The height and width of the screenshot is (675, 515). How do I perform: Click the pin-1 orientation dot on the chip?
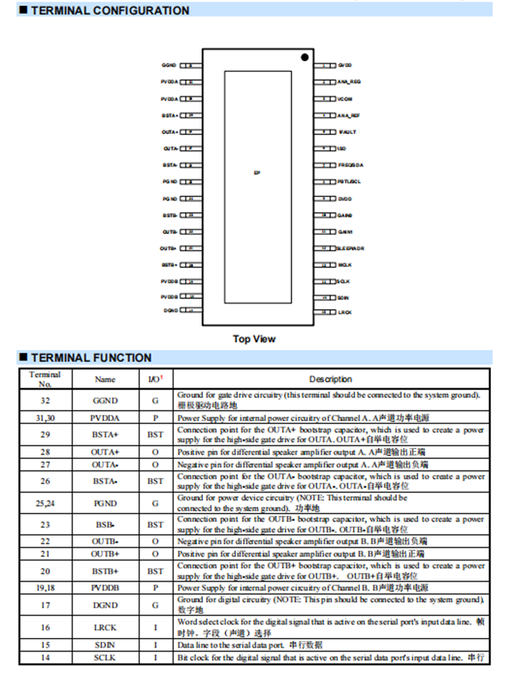(x=304, y=57)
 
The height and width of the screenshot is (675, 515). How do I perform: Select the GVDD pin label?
(x=345, y=66)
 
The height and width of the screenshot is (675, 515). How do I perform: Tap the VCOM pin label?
(x=345, y=99)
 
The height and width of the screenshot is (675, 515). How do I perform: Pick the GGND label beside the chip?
(x=169, y=66)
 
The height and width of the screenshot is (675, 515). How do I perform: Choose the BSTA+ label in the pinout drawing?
(x=170, y=116)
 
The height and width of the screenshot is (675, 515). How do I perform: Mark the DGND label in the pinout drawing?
(x=170, y=311)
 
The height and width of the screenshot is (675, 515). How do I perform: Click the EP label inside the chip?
(x=257, y=173)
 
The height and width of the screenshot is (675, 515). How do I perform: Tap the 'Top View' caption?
(x=254, y=339)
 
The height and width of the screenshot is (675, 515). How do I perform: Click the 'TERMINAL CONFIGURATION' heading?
(x=110, y=11)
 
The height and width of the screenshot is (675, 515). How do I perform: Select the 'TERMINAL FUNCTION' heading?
(x=91, y=358)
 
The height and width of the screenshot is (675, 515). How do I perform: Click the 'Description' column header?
(x=330, y=379)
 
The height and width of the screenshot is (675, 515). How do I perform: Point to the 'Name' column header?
(x=105, y=379)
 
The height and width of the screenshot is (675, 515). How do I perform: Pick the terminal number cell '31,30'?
(x=45, y=417)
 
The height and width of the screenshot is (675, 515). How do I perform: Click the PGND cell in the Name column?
(x=105, y=502)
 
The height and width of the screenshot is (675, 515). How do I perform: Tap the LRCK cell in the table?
(x=105, y=627)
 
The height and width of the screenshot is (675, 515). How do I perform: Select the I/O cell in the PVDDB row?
(x=154, y=587)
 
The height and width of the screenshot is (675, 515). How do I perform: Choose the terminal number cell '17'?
(x=45, y=605)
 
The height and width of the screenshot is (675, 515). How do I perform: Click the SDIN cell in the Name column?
(x=105, y=645)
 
